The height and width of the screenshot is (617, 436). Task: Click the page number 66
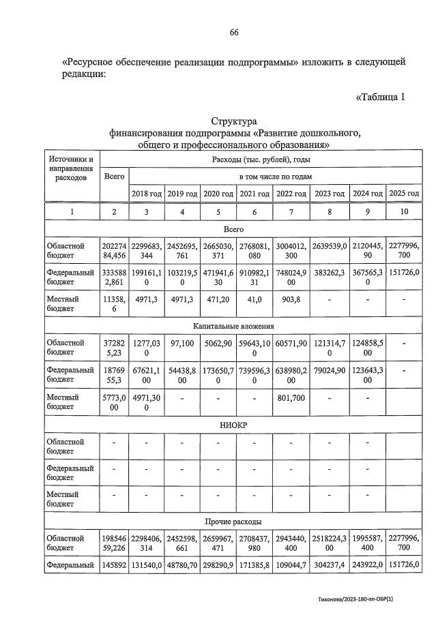pyautogui.click(x=233, y=33)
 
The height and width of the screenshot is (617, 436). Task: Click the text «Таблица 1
pyautogui.click(x=380, y=97)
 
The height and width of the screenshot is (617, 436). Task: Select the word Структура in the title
pyautogui.click(x=233, y=121)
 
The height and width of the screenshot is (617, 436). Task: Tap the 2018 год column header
pyautogui.click(x=147, y=194)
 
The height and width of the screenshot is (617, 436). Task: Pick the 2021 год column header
pyautogui.click(x=255, y=194)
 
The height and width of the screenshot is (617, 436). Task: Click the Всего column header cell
pyautogui.click(x=114, y=176)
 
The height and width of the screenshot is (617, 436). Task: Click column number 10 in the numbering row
pyautogui.click(x=404, y=212)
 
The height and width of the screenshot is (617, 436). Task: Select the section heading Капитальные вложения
pyautogui.click(x=233, y=328)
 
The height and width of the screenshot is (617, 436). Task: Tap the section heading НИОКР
pyautogui.click(x=233, y=425)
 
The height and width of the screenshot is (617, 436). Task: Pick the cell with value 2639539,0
pyautogui.click(x=330, y=246)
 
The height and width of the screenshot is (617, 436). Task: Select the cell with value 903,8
pyautogui.click(x=291, y=299)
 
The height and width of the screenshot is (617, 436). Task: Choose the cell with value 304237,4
pyautogui.click(x=330, y=565)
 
